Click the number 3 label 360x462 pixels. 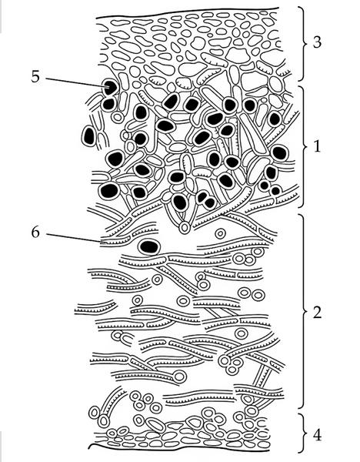(317, 42)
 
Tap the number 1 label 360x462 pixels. (317, 146)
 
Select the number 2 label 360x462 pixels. (317, 313)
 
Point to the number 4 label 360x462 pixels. (317, 435)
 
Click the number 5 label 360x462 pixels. (35, 76)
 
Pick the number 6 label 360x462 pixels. (35, 233)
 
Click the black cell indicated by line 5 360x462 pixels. (110, 87)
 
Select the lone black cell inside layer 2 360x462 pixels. (149, 247)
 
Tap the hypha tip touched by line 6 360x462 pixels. (103, 243)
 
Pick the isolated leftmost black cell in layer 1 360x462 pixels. (89, 136)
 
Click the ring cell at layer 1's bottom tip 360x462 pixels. (185, 228)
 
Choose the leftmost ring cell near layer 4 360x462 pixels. (94, 412)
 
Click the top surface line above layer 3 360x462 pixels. (187, 12)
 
